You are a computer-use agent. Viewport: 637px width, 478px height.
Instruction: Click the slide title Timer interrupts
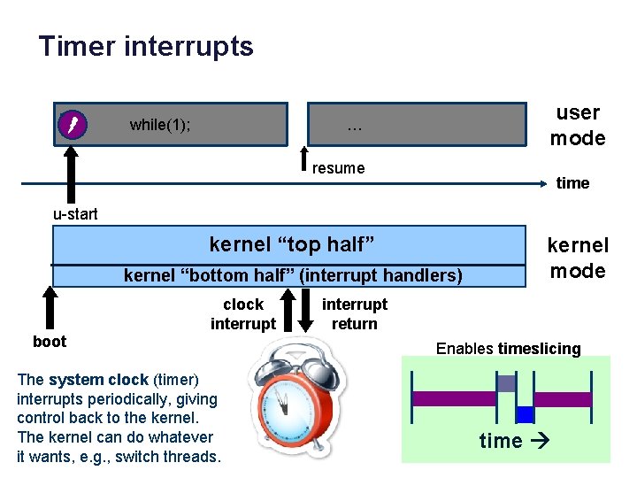pos(146,46)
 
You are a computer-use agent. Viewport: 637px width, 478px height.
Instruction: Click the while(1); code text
pos(160,125)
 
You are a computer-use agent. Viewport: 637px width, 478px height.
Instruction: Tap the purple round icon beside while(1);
pos(72,125)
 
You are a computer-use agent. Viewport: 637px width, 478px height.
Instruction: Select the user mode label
pos(578,125)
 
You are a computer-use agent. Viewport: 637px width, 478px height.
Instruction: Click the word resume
pos(338,168)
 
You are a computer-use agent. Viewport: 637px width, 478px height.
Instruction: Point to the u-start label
pos(75,213)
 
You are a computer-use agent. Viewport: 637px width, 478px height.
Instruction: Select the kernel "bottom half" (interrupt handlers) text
pos(293,275)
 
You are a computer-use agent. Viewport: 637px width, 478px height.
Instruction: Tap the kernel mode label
pos(578,258)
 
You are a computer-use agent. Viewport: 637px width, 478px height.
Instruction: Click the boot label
pos(50,341)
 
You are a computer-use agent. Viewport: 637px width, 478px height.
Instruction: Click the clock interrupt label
pos(243,313)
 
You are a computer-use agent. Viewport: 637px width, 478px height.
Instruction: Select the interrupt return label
pos(354,313)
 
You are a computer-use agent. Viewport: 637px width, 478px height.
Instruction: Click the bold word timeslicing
pos(540,348)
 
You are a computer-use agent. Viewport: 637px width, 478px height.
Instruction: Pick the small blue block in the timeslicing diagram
pos(526,413)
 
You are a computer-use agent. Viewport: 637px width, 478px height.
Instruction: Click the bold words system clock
pos(98,379)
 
